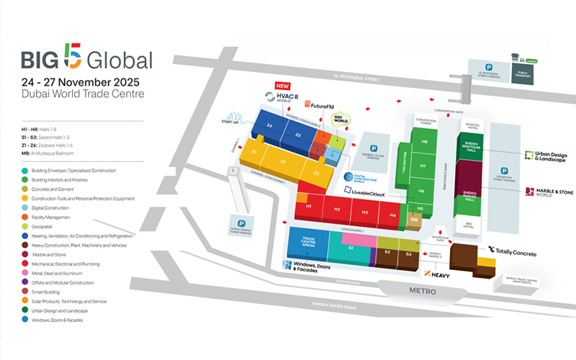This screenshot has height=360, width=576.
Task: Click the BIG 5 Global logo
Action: (86, 59)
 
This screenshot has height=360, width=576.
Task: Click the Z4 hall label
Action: (268, 126)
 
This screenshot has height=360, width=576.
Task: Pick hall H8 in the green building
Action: (423, 142)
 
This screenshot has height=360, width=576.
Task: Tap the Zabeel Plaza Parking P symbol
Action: (374, 148)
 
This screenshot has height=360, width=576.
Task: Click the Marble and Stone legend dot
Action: (24, 254)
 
